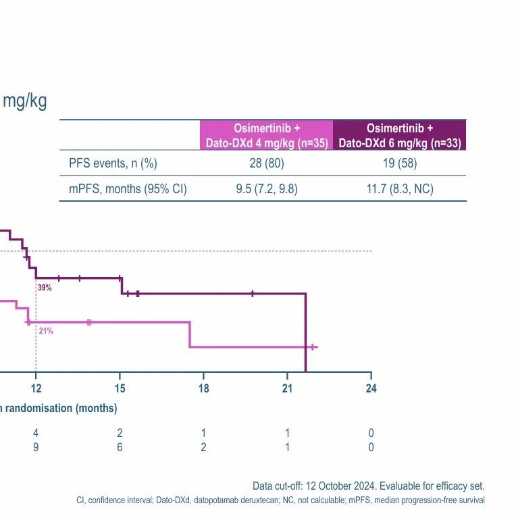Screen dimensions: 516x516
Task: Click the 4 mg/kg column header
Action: (x=267, y=135)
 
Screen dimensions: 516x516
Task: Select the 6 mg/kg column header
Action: (x=400, y=135)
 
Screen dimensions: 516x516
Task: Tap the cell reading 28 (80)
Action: (x=267, y=163)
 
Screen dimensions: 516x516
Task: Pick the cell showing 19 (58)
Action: (x=400, y=163)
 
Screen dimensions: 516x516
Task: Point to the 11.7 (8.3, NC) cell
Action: (x=400, y=189)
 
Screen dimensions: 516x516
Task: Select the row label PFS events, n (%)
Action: (x=113, y=163)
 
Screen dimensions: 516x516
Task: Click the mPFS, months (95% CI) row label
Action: (x=128, y=189)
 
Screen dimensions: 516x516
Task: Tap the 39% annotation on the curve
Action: (x=45, y=288)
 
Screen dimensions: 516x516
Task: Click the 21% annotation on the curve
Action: (x=46, y=331)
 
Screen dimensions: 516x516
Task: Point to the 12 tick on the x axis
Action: (x=36, y=388)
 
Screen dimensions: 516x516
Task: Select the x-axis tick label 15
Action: (x=120, y=388)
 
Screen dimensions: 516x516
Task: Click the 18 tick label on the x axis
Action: (x=204, y=388)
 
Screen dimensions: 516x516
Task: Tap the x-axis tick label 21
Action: (x=287, y=388)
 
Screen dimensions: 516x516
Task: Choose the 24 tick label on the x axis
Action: (x=371, y=388)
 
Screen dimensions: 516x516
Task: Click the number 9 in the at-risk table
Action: (x=36, y=447)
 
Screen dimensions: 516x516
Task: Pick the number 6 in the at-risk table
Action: (x=120, y=447)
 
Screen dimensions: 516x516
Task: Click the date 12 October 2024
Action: (x=340, y=486)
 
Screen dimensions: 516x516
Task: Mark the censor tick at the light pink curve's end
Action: (x=313, y=347)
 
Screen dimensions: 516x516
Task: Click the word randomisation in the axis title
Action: (x=38, y=408)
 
